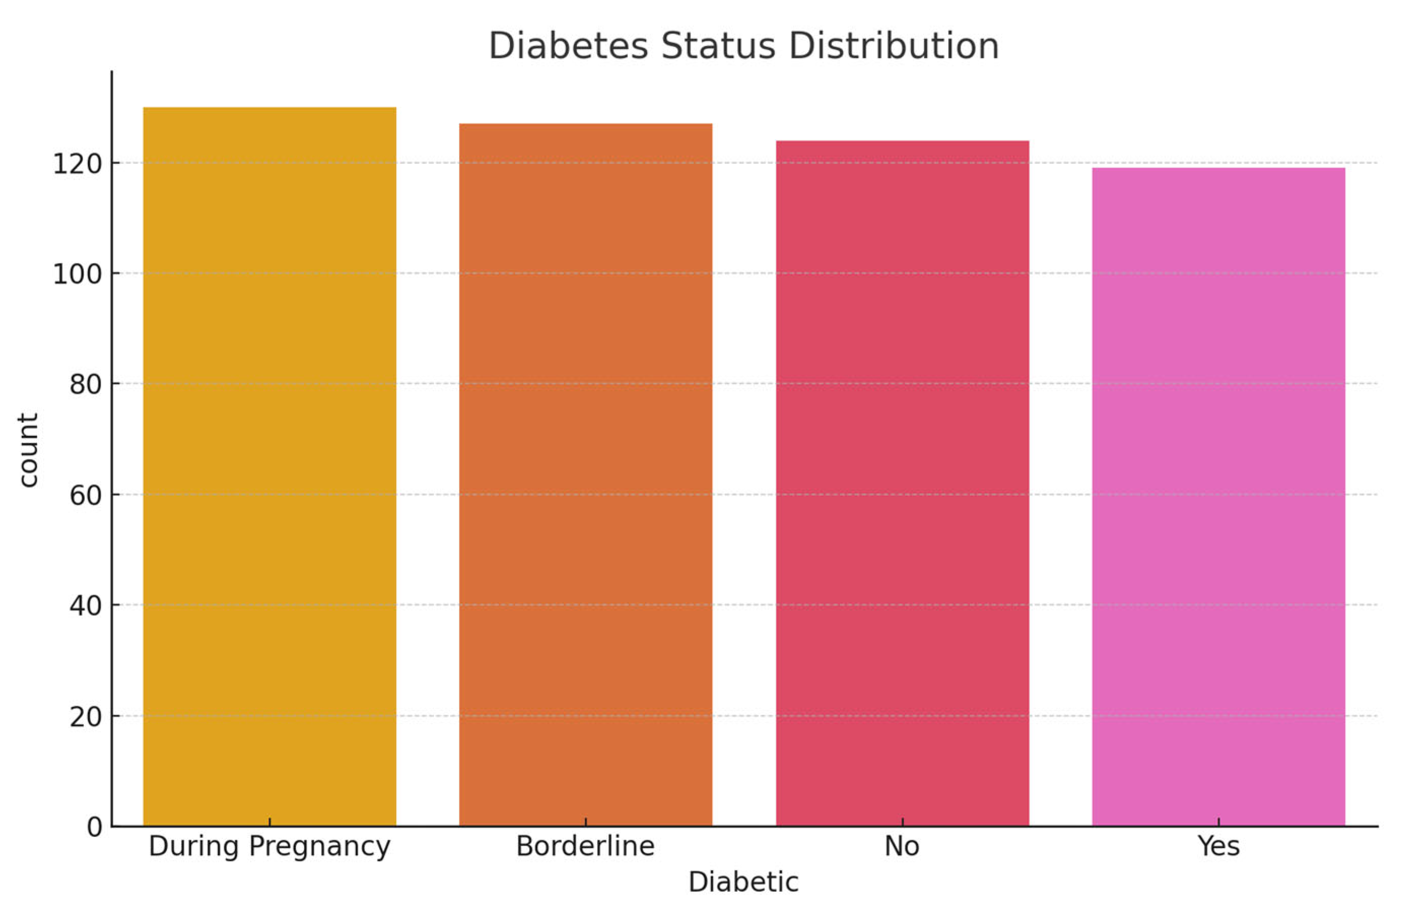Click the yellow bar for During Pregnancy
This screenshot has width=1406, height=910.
point(269,467)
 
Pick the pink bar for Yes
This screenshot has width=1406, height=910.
point(1218,497)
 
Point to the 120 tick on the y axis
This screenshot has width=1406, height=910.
point(78,164)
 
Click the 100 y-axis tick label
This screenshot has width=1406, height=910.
point(78,274)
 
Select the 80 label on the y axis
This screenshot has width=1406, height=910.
point(85,385)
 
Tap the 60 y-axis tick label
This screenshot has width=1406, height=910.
point(85,495)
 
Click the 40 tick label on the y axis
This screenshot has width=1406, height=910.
point(85,605)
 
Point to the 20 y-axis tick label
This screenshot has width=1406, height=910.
point(85,717)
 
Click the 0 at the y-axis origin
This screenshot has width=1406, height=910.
point(94,827)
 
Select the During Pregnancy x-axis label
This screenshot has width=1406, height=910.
point(269,847)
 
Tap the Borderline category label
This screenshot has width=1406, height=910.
point(586,846)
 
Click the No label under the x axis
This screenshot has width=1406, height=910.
point(902,846)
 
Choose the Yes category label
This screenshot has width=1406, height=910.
point(1218,846)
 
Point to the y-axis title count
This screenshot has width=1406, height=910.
point(28,450)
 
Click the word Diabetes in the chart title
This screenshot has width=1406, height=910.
point(568,46)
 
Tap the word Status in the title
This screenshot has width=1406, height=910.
point(718,46)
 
